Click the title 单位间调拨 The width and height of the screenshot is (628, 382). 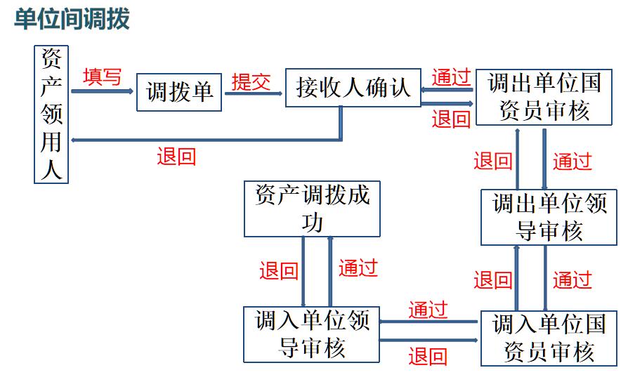(72, 19)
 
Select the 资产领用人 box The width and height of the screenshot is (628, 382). (51, 114)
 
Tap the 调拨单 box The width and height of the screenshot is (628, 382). (179, 92)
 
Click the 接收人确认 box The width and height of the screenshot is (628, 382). (353, 88)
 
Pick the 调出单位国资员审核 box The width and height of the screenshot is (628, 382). (544, 97)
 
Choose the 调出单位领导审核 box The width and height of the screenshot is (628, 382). (549, 217)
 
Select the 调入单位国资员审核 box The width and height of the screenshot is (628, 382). (549, 338)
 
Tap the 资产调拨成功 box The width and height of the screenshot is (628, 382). (312, 209)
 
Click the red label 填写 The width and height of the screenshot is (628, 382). (102, 77)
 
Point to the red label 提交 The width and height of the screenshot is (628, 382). (251, 82)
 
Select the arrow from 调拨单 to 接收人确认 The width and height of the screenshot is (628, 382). (254, 93)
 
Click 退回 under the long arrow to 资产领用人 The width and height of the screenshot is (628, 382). (176, 156)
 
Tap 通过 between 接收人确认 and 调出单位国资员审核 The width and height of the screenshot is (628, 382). (451, 77)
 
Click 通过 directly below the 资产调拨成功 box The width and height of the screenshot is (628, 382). (358, 268)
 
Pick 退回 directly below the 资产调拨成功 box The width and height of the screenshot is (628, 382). (279, 271)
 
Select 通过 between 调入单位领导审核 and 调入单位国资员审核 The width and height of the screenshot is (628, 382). (428, 309)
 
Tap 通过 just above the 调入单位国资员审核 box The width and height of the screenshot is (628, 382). (572, 280)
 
